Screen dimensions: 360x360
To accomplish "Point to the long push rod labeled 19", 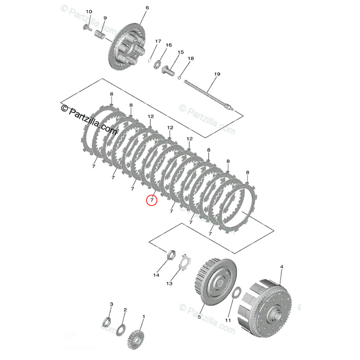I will coord(209,95).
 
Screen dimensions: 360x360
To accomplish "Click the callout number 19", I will coord(217,74).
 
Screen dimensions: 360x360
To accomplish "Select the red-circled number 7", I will coord(152,199).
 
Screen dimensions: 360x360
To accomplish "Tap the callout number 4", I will coord(282,267).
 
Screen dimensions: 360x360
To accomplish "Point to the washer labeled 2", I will coord(121,328).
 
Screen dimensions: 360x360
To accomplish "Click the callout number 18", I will coord(190,58).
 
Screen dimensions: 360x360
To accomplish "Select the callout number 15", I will coord(180,52).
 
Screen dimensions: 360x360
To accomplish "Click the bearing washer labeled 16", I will coord(157,65).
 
